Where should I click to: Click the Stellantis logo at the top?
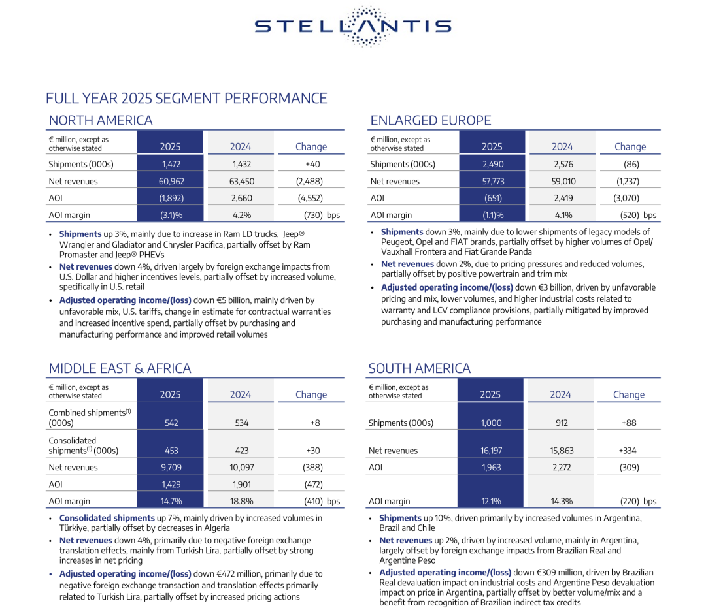(353, 26)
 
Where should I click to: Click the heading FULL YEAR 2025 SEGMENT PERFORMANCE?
(186, 99)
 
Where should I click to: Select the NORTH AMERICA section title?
(101, 121)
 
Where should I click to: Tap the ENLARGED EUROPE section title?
(431, 121)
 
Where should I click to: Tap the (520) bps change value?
(637, 215)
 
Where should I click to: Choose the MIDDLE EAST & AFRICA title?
(120, 369)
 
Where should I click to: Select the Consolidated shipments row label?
(84, 445)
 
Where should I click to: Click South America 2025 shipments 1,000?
(491, 423)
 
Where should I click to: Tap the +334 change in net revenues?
(628, 451)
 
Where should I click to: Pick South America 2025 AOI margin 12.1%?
(491, 502)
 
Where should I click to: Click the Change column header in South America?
(628, 394)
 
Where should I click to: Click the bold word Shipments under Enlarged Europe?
(402, 232)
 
